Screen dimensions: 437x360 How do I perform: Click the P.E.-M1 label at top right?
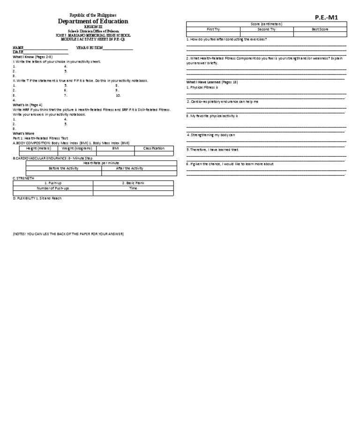coord(326,17)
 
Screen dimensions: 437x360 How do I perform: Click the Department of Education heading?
coord(93,22)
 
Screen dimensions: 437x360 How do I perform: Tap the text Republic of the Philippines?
coord(93,15)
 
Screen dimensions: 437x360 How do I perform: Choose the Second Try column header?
coord(266,29)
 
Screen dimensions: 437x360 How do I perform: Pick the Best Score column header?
coord(320,29)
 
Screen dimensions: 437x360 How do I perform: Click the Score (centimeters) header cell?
coord(266,24)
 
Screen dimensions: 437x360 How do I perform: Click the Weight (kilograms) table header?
coord(76,148)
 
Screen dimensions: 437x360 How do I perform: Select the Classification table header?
coord(154,148)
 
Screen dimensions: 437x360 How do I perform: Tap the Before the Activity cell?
coord(63,168)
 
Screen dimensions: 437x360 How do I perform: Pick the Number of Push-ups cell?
coord(53,188)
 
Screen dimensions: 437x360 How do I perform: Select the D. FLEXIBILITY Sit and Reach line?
coord(37,198)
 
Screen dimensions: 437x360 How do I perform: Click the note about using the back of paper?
coord(68,233)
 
